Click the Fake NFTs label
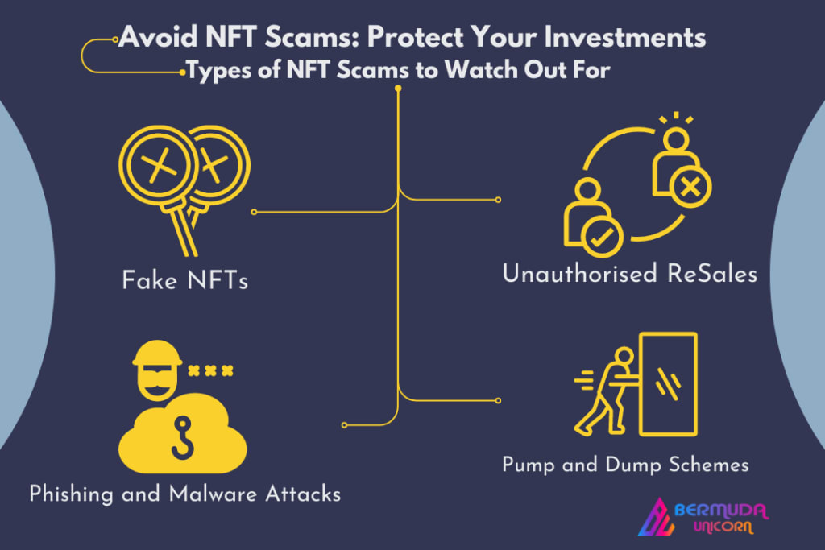coord(185,281)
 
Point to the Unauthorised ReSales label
coord(629,274)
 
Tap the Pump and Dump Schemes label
coord(625,465)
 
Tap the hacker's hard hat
coord(156,355)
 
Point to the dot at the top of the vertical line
coord(398,89)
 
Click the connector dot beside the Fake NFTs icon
coord(254,212)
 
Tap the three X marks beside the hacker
coord(210,370)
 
